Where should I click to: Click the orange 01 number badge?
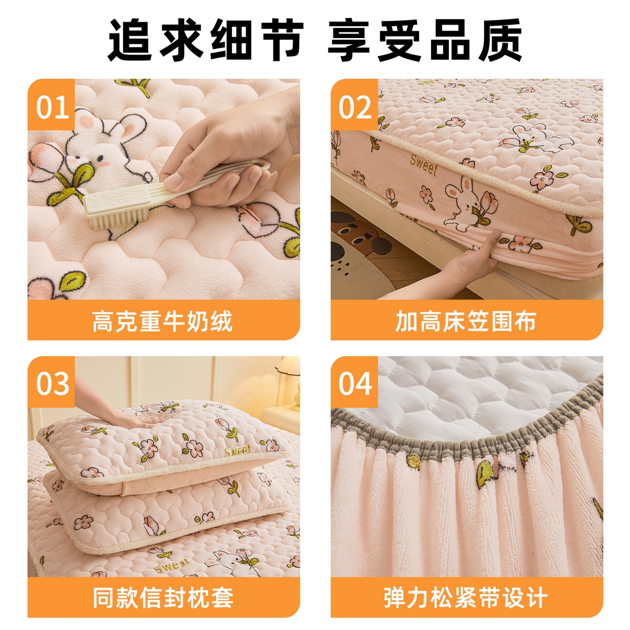pyautogui.click(x=52, y=107)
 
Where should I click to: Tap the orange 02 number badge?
pyautogui.click(x=355, y=107)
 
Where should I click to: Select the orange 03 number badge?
pyautogui.click(x=52, y=383)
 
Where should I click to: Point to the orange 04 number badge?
pyautogui.click(x=355, y=383)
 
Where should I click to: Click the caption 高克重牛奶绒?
pyautogui.click(x=163, y=321)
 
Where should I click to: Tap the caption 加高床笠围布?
pyautogui.click(x=466, y=321)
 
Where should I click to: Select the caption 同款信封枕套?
pyautogui.click(x=163, y=598)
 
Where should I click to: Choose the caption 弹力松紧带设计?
pyautogui.click(x=466, y=598)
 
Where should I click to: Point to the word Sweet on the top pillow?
pyautogui.click(x=238, y=451)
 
